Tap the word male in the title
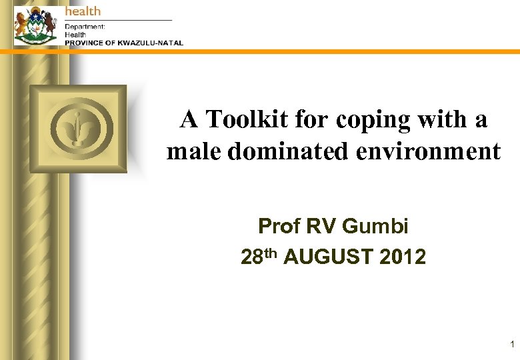pyautogui.click(x=193, y=152)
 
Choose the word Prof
pyautogui.click(x=279, y=227)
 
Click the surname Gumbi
pyautogui.click(x=375, y=227)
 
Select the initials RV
pyautogui.click(x=321, y=227)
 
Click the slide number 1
pyautogui.click(x=511, y=345)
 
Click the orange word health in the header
pyautogui.click(x=83, y=11)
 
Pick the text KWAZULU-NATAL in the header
pyautogui.click(x=150, y=43)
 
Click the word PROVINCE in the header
pyautogui.click(x=85, y=43)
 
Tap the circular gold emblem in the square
pyautogui.click(x=78, y=128)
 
